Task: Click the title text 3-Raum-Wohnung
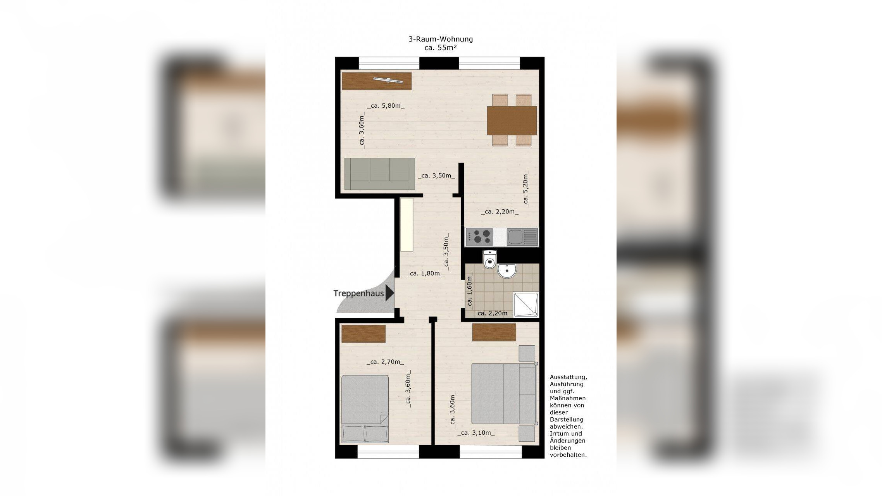[x=441, y=39]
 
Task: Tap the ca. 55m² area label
[x=441, y=48]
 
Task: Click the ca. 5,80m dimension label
[x=386, y=106]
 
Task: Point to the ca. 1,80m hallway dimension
[x=425, y=274]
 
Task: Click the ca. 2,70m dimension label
[x=385, y=362]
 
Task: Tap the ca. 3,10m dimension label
[x=476, y=433]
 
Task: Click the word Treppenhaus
[x=358, y=293]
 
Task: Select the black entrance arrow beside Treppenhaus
[x=390, y=293]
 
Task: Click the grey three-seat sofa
[x=380, y=174]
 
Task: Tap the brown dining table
[x=512, y=121]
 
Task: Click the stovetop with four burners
[x=479, y=237]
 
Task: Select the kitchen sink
[x=522, y=237]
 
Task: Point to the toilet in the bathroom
[x=490, y=259]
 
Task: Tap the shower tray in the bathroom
[x=526, y=305]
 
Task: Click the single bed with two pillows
[x=365, y=408]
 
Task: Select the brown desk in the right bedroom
[x=494, y=332]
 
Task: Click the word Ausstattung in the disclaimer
[x=568, y=377]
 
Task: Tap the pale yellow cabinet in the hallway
[x=407, y=225]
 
